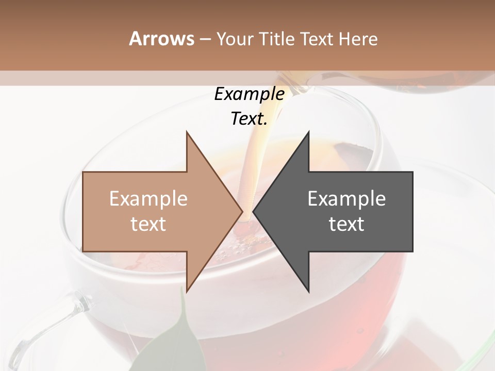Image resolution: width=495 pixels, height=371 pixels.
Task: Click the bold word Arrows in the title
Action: (x=161, y=39)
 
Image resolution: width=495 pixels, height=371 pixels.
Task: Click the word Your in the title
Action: (x=234, y=39)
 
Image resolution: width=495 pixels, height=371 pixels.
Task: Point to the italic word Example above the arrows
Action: (x=249, y=94)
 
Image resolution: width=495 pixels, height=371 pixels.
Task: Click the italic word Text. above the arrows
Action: (x=249, y=119)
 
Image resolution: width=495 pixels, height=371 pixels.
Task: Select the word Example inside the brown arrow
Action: (x=148, y=198)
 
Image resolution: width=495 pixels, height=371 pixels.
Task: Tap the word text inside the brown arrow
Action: (x=148, y=224)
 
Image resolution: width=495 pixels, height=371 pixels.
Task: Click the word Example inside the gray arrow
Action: (x=346, y=198)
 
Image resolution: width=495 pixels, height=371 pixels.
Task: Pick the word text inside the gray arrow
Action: (x=346, y=224)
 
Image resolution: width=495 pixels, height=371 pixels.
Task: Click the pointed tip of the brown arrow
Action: (x=242, y=212)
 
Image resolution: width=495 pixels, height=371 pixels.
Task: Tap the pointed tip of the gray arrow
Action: (x=253, y=212)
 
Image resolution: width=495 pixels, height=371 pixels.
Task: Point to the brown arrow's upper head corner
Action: (x=187, y=132)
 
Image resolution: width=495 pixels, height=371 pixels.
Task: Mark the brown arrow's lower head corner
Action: (x=187, y=292)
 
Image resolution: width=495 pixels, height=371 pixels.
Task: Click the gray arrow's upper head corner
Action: (x=309, y=132)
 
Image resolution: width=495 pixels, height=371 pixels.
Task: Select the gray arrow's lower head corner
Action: (x=309, y=292)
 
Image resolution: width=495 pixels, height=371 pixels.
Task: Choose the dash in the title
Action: (x=205, y=39)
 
